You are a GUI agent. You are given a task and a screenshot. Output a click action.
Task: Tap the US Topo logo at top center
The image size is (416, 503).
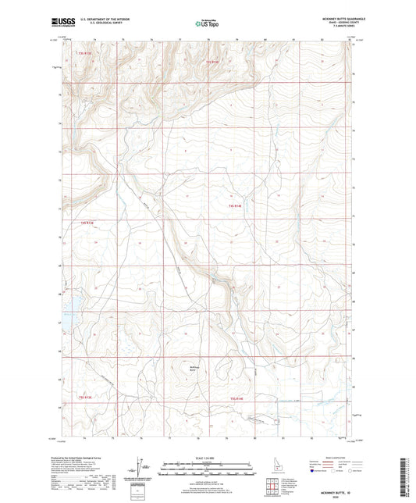(206, 23)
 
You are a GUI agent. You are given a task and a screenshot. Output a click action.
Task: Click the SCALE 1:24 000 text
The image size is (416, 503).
(207, 457)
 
